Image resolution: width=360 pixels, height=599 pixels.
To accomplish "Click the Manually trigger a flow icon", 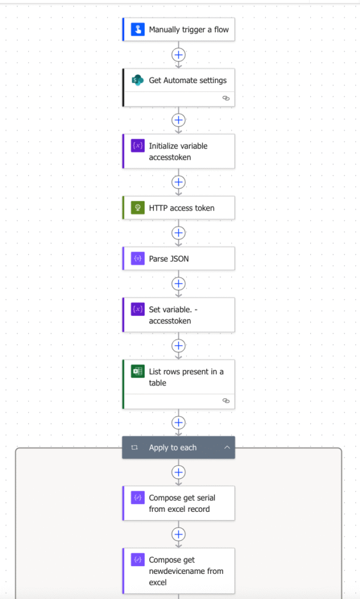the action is (138, 29).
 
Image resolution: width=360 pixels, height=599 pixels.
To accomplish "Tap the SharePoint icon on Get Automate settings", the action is (138, 80).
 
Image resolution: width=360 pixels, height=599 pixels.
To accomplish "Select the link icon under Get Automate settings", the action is (226, 98).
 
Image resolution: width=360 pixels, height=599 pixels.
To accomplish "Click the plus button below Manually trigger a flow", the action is (179, 54).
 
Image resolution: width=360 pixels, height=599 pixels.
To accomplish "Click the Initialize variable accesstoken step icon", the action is (138, 146).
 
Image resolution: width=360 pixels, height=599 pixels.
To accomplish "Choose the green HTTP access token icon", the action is (138, 208).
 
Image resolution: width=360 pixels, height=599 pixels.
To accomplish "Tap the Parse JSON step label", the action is (169, 259).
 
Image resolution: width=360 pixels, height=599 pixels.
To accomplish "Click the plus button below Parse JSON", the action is (179, 284).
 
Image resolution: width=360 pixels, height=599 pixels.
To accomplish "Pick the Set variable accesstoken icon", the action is (138, 309).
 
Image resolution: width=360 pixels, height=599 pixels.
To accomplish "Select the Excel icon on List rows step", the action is (138, 371).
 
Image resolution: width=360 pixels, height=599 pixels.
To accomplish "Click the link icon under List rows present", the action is (226, 401).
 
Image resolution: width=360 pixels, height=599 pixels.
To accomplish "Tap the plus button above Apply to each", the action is (179, 422).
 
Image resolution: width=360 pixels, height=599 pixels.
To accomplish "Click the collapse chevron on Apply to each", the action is (227, 447).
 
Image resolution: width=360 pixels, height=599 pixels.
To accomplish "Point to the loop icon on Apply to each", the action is (134, 447).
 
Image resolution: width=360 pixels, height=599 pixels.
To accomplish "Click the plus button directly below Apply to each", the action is (179, 472).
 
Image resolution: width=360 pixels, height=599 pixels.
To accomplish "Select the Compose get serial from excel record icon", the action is (138, 497).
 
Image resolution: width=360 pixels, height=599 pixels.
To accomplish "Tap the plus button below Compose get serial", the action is (179, 534).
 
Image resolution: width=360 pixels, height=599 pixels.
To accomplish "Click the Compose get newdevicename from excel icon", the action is (138, 560).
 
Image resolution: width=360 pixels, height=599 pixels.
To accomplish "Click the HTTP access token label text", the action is (181, 208).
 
